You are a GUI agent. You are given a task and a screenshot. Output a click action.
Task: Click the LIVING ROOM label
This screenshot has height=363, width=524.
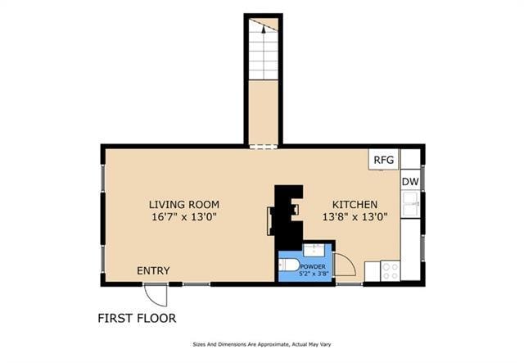pos(183,204)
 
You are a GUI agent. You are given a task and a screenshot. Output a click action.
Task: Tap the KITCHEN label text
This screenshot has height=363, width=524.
pos(354,204)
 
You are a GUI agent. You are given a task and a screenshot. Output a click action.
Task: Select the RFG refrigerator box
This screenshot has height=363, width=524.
pos(383,160)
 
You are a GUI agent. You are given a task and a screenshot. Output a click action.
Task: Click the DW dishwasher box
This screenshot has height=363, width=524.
pos(410,181)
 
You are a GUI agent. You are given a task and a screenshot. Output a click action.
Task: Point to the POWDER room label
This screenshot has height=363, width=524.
pos(314,267)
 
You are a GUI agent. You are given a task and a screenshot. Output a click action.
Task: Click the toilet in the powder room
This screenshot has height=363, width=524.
pos(288,265)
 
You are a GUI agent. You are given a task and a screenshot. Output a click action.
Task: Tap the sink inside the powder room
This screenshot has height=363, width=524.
pos(314,251)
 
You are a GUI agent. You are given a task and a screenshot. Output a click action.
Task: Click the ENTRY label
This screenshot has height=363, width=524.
pos(154,271)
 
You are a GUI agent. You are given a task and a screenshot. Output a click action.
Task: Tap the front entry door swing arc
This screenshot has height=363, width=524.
pos(156,294)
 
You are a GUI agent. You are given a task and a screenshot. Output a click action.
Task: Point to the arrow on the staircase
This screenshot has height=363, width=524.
pos(263,28)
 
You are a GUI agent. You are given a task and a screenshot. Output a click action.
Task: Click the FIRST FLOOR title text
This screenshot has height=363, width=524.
pos(137,318)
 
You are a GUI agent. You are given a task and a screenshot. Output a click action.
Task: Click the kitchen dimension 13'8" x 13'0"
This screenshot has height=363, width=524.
pos(354,217)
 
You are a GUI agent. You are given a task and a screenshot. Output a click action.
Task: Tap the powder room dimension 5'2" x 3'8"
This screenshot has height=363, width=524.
pos(314,275)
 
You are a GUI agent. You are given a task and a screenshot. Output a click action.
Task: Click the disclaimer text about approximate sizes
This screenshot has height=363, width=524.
pos(261,344)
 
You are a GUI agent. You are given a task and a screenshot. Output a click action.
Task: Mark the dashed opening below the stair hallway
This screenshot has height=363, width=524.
pos(263,147)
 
